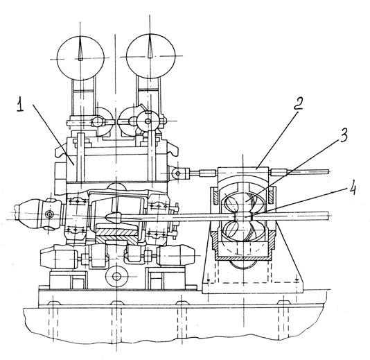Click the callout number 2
click(298, 103)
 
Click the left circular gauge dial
click(80, 58)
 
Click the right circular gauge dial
click(150, 55)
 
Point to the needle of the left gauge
click(80, 48)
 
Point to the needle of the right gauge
click(150, 46)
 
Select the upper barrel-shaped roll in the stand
click(245, 200)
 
